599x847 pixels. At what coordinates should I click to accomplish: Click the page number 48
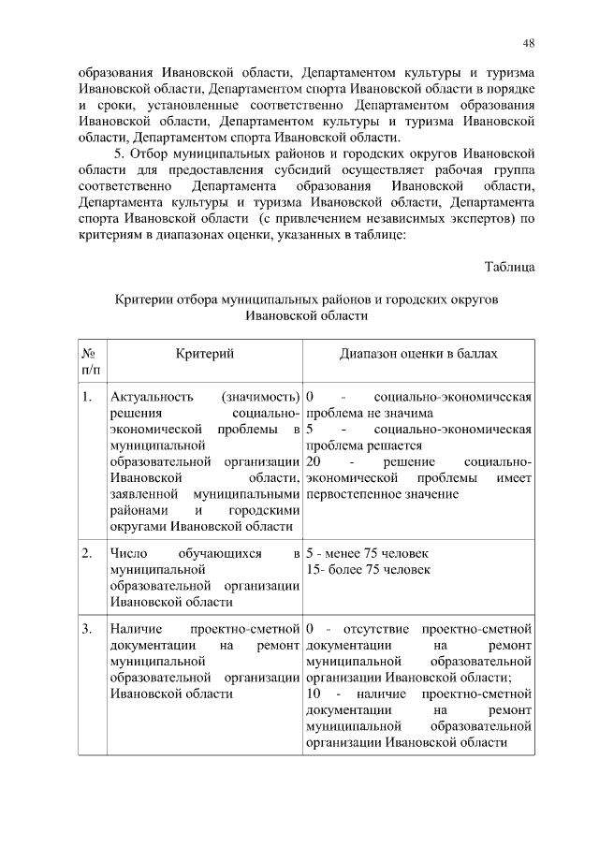[x=528, y=43]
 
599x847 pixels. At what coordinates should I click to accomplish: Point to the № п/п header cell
[x=91, y=362]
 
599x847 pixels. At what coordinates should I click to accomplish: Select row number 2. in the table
[x=87, y=554]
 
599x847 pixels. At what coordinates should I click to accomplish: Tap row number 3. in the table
[x=87, y=629]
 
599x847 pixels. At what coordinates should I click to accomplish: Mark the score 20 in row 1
[x=314, y=462]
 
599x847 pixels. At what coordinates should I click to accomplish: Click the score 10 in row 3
[x=314, y=694]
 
